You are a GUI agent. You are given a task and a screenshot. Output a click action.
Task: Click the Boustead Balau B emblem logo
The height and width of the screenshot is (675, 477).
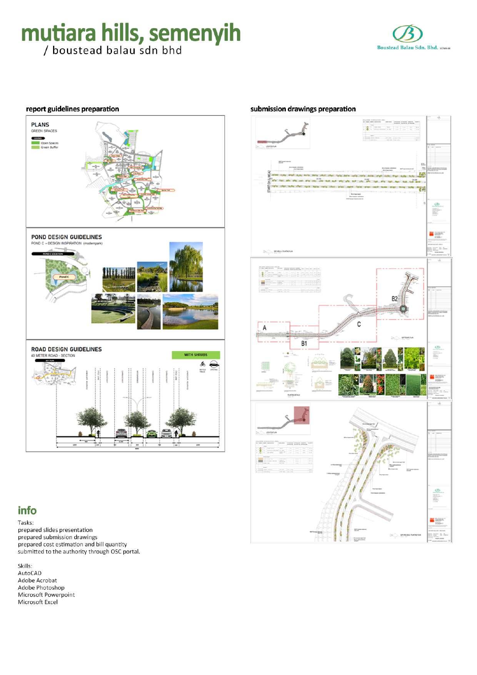[407, 34]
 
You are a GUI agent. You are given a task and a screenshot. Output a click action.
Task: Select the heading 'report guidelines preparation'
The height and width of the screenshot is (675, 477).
[72, 109]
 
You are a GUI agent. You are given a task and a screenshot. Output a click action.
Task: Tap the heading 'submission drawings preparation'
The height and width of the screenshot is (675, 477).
[303, 109]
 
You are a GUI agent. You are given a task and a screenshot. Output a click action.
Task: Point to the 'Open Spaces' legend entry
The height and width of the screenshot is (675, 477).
[49, 143]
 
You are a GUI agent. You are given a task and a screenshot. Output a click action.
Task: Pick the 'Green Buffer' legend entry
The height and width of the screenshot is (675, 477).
[49, 147]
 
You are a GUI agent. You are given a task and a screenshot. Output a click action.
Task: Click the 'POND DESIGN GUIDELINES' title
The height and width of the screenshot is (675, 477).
[67, 237]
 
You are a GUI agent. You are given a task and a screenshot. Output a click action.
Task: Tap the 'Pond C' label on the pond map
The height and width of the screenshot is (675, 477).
[64, 277]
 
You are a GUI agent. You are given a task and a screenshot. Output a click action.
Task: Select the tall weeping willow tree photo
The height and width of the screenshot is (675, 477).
[186, 267]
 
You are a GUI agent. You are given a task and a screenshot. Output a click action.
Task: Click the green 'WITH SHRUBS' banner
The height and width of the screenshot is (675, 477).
[195, 355]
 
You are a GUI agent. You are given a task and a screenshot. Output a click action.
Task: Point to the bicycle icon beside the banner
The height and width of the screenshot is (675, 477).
[203, 364]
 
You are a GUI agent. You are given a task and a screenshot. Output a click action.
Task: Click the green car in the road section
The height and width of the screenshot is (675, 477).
[151, 434]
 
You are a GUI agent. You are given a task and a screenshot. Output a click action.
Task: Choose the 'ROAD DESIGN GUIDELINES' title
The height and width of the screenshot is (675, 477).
[67, 349]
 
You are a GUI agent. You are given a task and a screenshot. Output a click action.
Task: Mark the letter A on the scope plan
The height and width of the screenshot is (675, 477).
[264, 328]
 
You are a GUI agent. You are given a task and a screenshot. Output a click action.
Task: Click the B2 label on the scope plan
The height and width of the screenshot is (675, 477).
[394, 299]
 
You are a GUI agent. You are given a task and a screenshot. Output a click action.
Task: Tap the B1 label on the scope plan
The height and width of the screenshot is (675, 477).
[304, 343]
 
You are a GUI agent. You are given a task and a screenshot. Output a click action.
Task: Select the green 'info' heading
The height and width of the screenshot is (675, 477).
[27, 511]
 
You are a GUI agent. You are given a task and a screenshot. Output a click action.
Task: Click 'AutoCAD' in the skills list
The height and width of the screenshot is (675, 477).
[30, 573]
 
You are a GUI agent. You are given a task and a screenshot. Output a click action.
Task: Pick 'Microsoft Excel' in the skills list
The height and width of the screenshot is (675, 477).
[38, 602]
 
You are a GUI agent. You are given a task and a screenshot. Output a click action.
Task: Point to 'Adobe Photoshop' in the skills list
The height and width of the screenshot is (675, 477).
[41, 588]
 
